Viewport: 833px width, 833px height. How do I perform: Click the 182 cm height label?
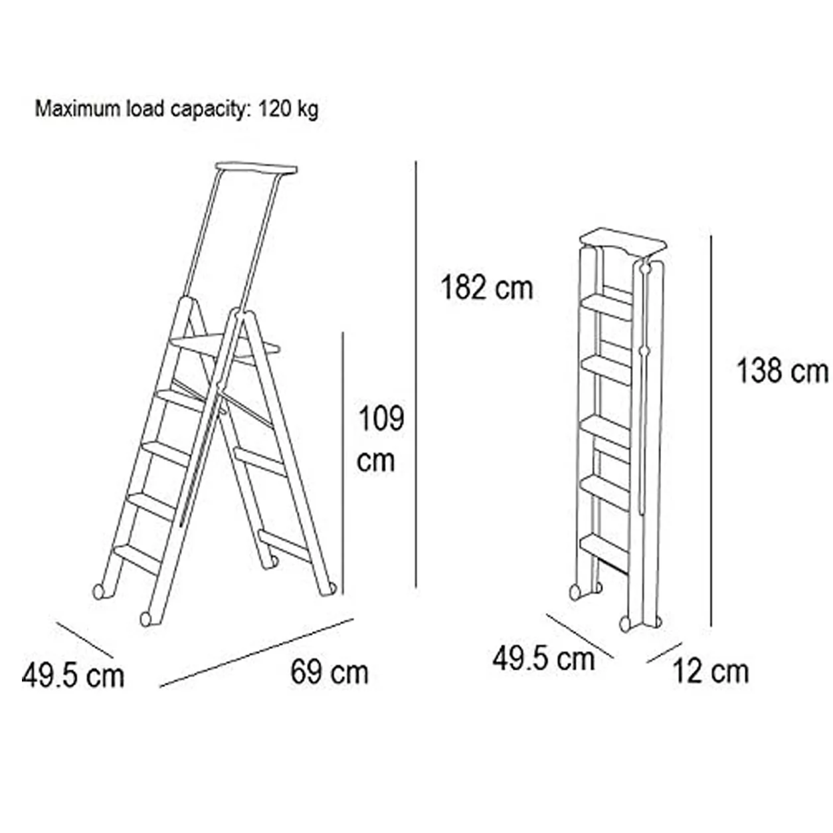click(487, 288)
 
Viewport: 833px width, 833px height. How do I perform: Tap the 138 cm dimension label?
click(782, 371)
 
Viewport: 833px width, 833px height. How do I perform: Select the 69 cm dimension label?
click(329, 672)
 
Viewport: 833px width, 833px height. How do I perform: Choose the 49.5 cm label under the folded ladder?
click(543, 659)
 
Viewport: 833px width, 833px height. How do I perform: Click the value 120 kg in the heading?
click(288, 110)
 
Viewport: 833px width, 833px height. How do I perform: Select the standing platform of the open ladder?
click(225, 346)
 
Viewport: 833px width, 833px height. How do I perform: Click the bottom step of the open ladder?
click(138, 559)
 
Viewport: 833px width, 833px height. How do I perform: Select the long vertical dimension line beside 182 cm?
click(416, 375)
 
